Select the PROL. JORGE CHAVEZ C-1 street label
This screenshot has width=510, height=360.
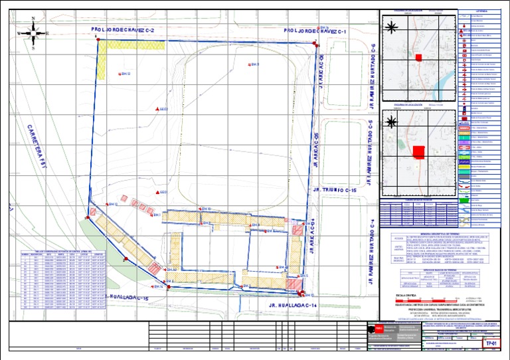315,31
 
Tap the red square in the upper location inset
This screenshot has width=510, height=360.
419,58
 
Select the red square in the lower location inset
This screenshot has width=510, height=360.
419,153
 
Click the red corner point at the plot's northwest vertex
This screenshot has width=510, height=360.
98,41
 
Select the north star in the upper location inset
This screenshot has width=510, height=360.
392,27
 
